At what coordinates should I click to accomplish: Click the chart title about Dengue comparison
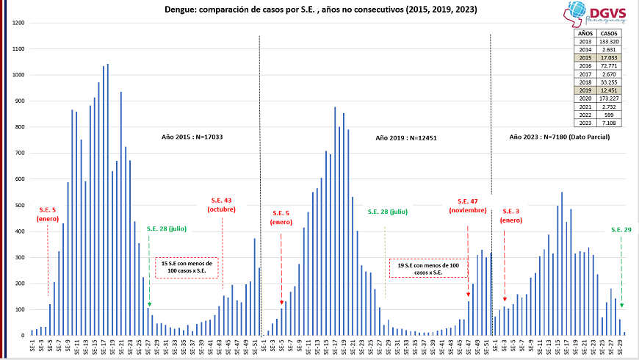(x=311, y=10)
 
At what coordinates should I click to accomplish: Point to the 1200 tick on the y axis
(x=18, y=23)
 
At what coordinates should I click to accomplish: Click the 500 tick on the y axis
(x=20, y=205)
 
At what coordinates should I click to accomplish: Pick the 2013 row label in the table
(x=585, y=42)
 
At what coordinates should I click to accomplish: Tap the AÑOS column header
(x=585, y=33)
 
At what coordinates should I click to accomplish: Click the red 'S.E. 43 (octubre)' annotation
(x=221, y=205)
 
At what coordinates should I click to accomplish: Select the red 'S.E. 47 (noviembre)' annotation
(x=467, y=206)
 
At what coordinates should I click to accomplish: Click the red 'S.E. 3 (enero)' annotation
(x=510, y=215)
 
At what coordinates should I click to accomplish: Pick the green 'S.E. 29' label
(x=621, y=230)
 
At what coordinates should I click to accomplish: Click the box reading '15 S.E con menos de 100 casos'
(x=187, y=267)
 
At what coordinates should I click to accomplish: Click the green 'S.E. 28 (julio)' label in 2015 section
(x=166, y=228)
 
